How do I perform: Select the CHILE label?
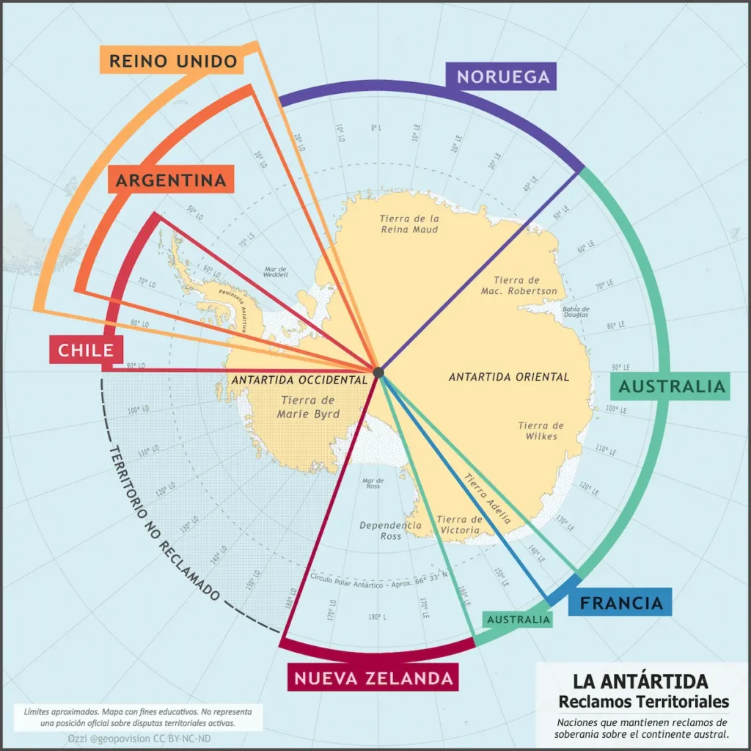tap(86, 350)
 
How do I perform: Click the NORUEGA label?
tap(502, 76)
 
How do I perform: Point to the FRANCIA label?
tap(620, 603)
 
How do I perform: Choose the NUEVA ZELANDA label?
tap(373, 678)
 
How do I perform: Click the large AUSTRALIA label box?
tap(671, 387)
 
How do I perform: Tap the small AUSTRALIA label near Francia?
tap(519, 620)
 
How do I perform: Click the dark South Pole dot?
tap(378, 373)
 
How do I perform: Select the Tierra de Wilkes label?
tap(541, 431)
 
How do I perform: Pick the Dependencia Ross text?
tap(390, 530)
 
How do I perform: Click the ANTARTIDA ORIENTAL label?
tap(509, 377)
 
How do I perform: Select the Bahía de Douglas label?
tap(576, 312)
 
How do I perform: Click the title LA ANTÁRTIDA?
tap(640, 681)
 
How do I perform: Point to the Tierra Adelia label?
tap(487, 497)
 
